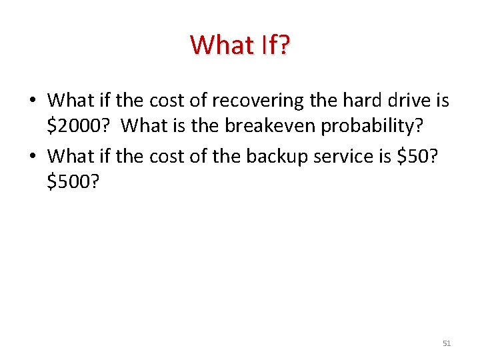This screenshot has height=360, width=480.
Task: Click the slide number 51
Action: coord(447,343)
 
